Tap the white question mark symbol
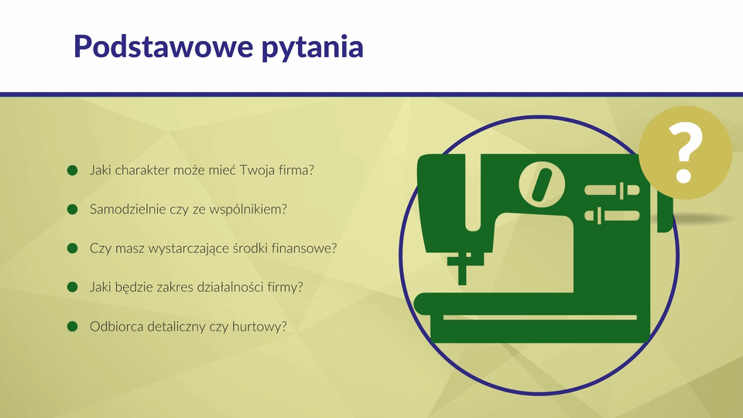coord(685,152)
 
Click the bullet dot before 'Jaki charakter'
coord(73,170)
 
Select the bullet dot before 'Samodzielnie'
coord(73,209)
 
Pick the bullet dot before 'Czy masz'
coord(73,248)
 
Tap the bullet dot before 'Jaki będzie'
coord(73,287)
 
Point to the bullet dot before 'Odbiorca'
coord(73,327)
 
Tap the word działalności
coord(230,287)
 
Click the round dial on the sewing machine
coord(542,184)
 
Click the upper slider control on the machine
coord(611,190)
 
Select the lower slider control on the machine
coord(611,216)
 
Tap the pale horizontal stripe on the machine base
coord(540,317)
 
